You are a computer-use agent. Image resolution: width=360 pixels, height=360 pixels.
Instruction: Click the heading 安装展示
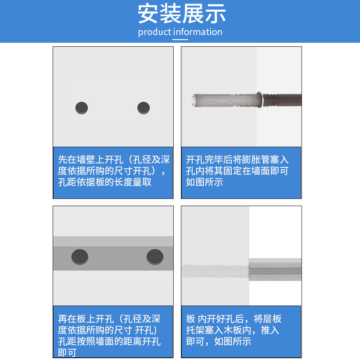pyautogui.click(x=182, y=14)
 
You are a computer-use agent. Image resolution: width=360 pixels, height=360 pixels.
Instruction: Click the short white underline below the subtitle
pyautogui.click(x=180, y=40)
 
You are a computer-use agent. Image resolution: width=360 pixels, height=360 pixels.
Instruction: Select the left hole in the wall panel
pyautogui.click(x=81, y=108)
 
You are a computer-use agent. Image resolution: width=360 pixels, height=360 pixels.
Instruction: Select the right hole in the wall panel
pyautogui.click(x=144, y=108)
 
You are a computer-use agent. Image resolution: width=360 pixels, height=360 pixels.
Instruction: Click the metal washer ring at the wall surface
pyautogui.click(x=260, y=99)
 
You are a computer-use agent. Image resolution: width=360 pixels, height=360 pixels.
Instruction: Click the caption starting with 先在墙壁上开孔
pyautogui.click(x=113, y=171)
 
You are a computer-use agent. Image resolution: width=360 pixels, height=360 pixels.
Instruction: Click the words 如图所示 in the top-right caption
pyautogui.click(x=204, y=183)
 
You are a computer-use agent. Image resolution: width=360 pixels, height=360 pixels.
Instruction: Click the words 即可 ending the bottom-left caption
pyautogui.click(x=67, y=353)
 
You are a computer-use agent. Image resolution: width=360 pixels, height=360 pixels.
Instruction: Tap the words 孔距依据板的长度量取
pyautogui.click(x=104, y=183)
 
